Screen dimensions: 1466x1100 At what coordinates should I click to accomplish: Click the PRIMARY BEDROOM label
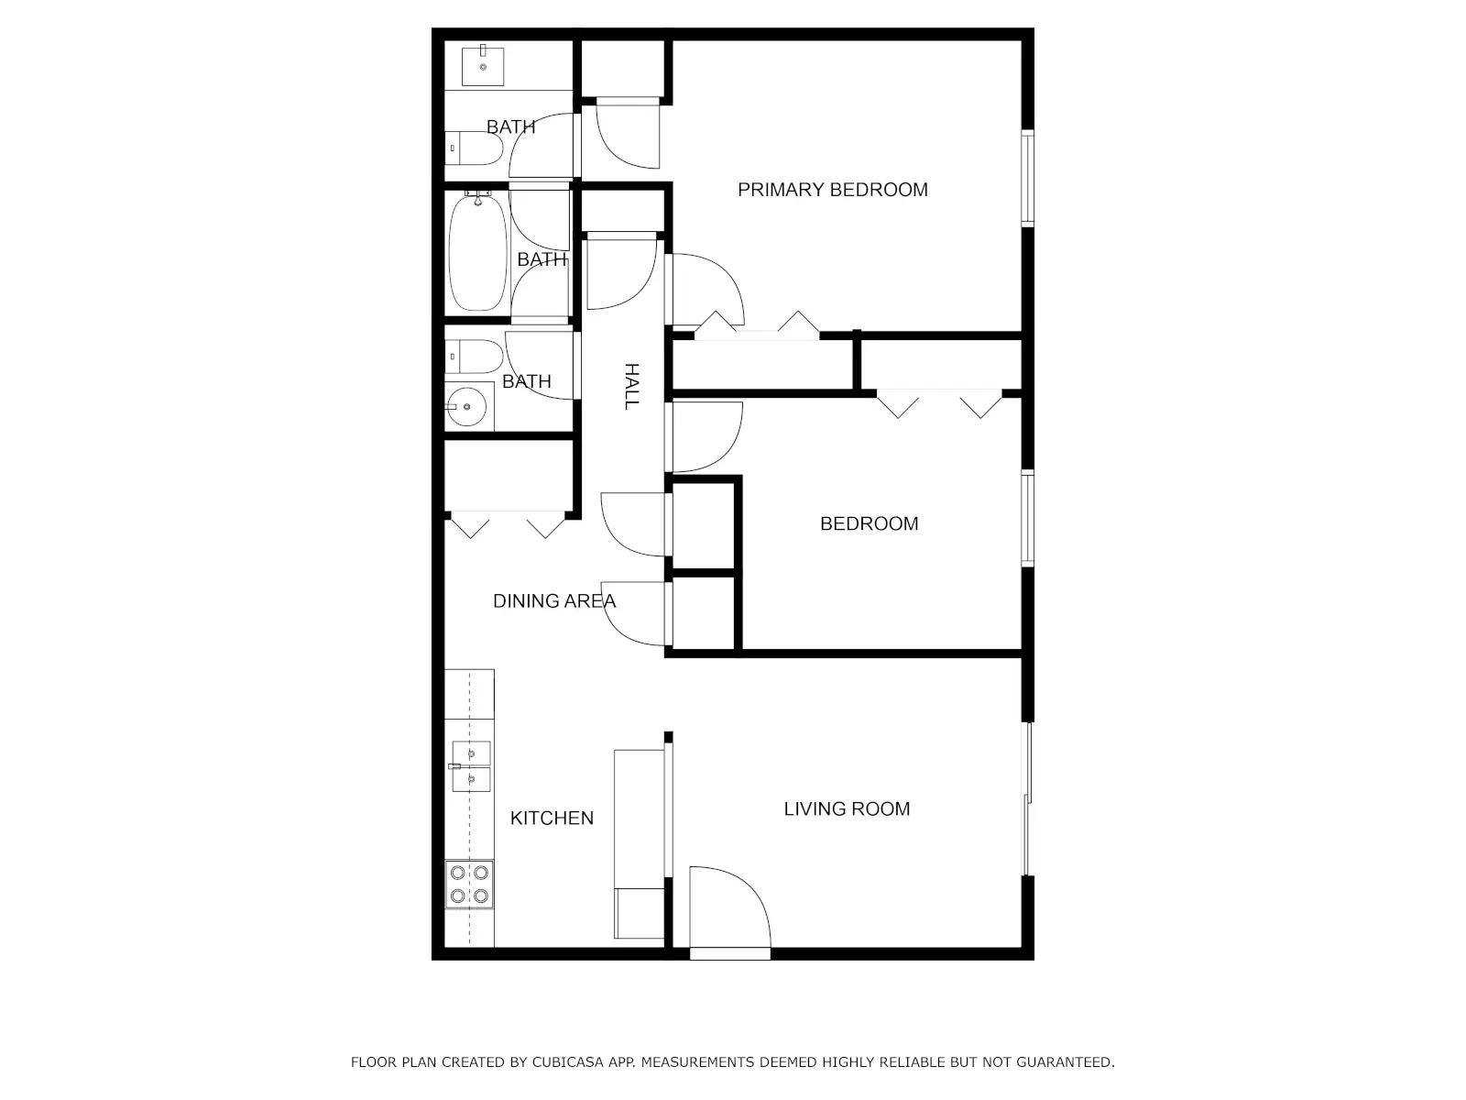(x=832, y=190)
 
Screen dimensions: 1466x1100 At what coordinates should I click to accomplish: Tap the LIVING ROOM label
(x=847, y=808)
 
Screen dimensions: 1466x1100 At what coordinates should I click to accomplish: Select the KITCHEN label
(x=552, y=819)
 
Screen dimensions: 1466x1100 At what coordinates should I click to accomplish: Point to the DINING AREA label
(x=554, y=601)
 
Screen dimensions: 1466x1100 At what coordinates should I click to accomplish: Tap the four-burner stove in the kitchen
(x=469, y=885)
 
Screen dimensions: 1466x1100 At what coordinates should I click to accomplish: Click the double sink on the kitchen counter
(x=471, y=766)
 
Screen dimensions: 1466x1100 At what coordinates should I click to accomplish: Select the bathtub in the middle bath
(x=477, y=252)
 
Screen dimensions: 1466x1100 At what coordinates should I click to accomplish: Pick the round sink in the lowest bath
(x=466, y=406)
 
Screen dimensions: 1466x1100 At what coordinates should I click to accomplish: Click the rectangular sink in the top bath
(x=483, y=65)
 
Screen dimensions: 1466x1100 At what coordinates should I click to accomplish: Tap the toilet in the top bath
(x=474, y=148)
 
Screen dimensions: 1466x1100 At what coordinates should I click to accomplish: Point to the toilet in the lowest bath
(x=474, y=357)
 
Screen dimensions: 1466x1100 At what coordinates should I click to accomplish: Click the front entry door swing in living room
(x=730, y=907)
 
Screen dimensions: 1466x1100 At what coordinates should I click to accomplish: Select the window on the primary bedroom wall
(x=1028, y=178)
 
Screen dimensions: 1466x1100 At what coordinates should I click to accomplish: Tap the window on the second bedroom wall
(x=1028, y=518)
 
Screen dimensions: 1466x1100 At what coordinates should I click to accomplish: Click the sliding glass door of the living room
(x=1028, y=798)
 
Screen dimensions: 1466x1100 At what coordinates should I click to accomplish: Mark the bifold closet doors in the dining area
(x=509, y=524)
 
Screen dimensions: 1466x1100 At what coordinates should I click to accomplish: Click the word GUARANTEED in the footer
(x=1065, y=1061)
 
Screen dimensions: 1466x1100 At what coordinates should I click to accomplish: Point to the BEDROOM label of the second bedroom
(x=869, y=523)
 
